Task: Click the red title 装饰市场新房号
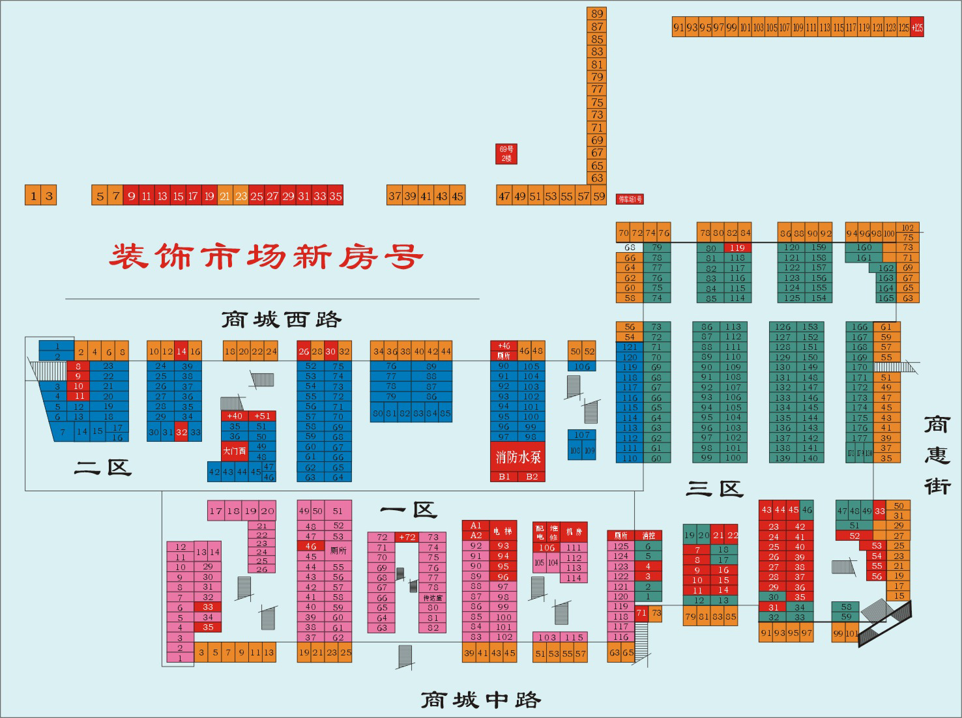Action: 265,256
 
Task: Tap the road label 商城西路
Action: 281,320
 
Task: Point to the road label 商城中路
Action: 480,700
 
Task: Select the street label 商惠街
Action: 937,455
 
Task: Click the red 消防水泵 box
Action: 517,457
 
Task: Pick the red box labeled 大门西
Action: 235,451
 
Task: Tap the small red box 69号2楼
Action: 506,154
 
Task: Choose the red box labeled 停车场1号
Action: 630,199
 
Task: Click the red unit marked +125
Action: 917,27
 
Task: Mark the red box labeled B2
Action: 532,477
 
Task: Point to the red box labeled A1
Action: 475,525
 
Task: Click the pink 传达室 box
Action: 433,597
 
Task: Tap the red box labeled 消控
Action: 649,536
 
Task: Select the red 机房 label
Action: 574,532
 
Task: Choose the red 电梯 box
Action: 503,531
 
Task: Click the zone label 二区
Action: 103,467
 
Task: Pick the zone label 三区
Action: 714,489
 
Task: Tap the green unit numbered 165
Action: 885,298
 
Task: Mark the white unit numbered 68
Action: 630,248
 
